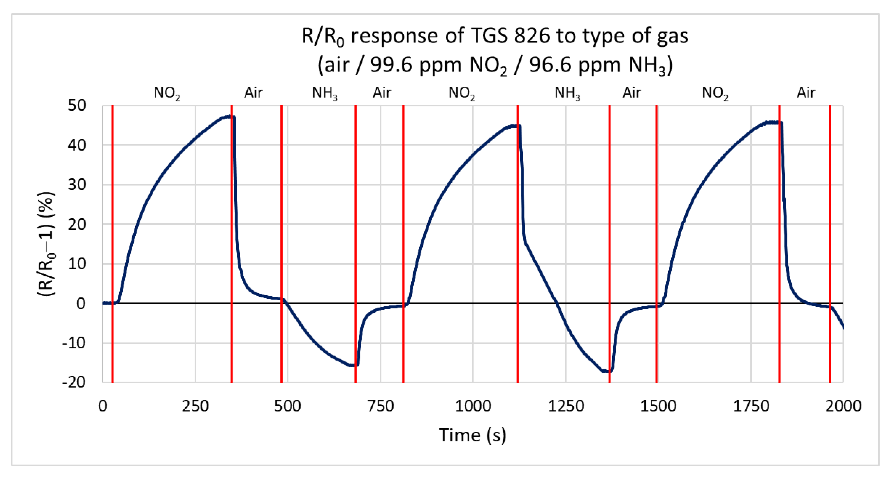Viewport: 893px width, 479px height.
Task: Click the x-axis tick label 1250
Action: pos(566,406)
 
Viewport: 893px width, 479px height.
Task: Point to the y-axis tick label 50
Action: pos(77,105)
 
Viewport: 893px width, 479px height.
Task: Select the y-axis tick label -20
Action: pos(74,382)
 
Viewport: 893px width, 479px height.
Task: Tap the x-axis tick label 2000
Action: pos(843,406)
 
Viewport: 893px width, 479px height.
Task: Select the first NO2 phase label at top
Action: pos(167,93)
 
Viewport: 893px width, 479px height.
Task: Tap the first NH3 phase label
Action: pos(325,93)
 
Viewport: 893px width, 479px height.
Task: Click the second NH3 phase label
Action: pos(567,93)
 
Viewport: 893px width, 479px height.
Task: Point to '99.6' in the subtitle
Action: pos(392,65)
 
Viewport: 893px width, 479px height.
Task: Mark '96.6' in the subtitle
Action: pos(550,65)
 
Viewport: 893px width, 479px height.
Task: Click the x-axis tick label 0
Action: pos(103,406)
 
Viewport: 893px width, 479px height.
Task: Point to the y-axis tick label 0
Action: pos(81,303)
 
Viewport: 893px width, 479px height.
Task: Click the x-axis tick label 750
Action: pos(381,406)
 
